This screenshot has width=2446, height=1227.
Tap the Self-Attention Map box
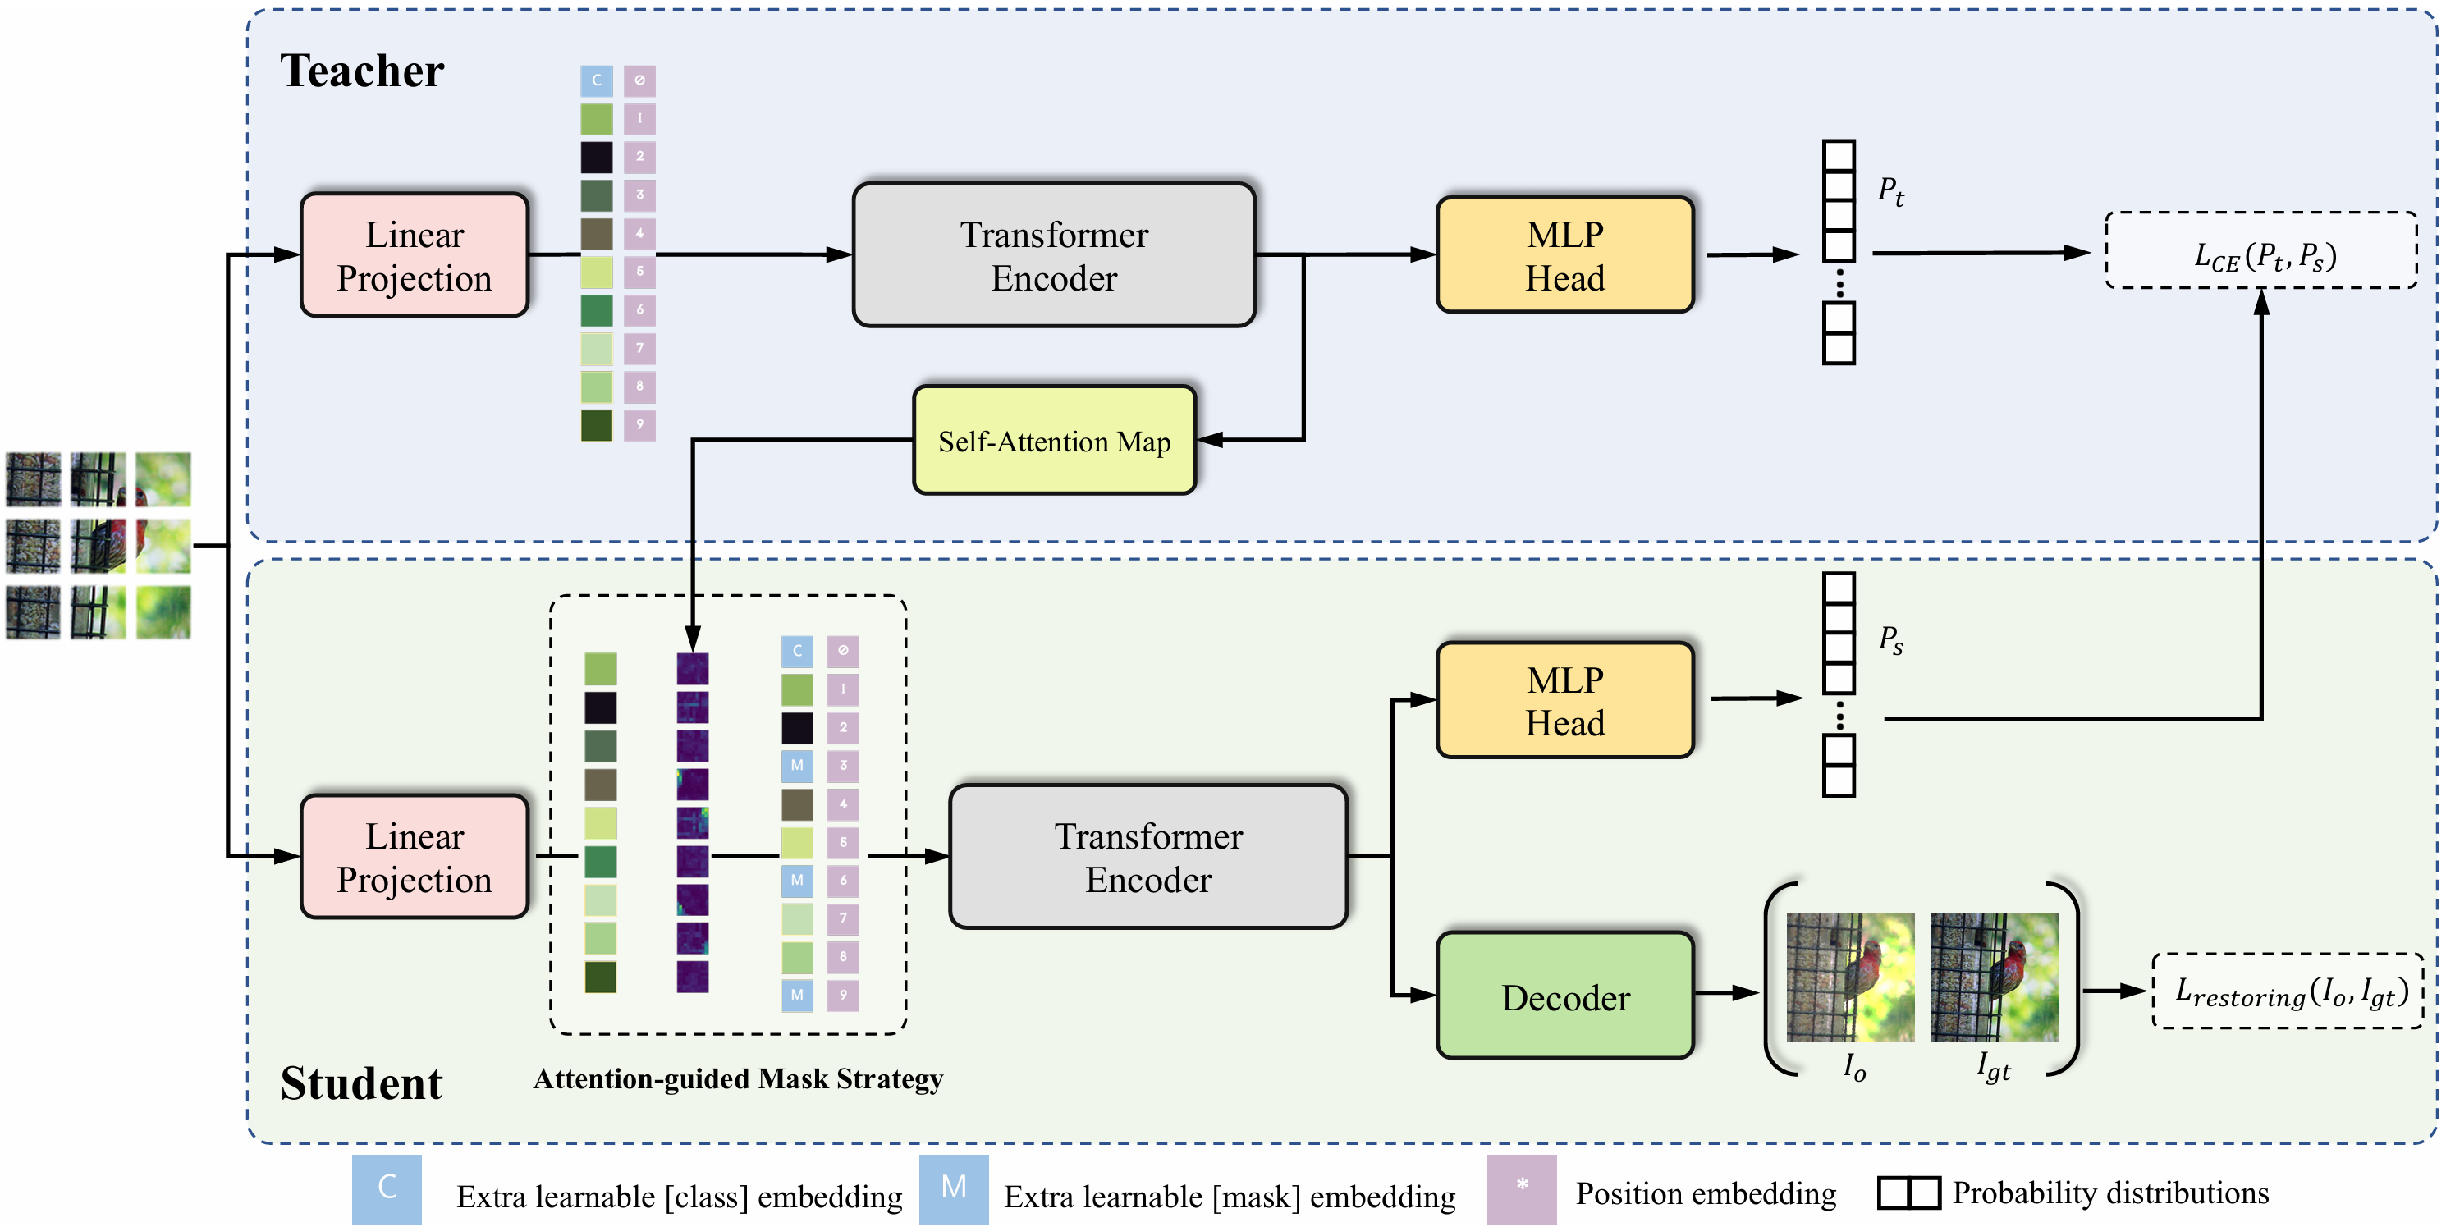[1053, 441]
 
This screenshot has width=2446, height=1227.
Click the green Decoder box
[1564, 996]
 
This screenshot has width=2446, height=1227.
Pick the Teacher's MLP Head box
[1564, 255]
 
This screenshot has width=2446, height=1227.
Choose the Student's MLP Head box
[1564, 701]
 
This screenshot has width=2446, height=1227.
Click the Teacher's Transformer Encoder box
[1053, 255]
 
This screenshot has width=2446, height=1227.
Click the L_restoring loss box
[2288, 991]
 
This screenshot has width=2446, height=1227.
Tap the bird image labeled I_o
[1850, 977]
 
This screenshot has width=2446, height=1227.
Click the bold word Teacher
[361, 71]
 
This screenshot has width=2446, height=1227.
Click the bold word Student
[361, 1083]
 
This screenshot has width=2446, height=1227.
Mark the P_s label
[1889, 640]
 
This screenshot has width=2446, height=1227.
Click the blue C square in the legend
[387, 1188]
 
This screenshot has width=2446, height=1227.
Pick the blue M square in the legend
[953, 1188]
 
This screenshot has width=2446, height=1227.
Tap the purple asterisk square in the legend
[1521, 1188]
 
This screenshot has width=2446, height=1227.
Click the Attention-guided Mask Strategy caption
[738, 1078]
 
